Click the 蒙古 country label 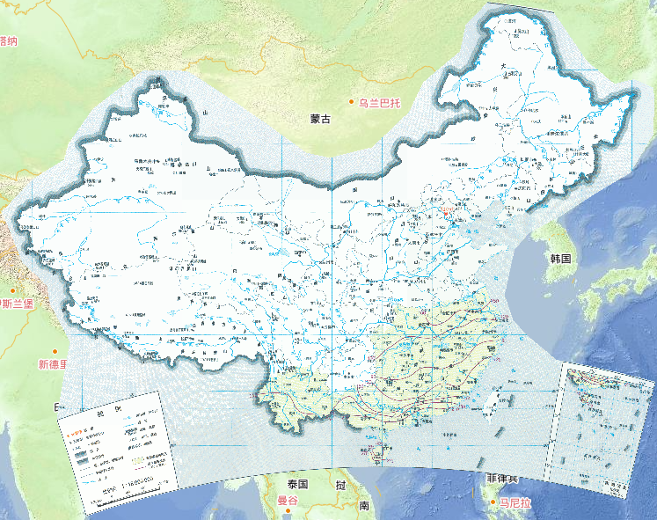(x=319, y=119)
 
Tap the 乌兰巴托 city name (x=379, y=103)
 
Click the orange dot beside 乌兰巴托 (x=351, y=103)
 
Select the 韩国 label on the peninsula (x=560, y=259)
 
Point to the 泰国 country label (x=296, y=485)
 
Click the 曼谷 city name (x=288, y=502)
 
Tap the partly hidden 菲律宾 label (x=502, y=478)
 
